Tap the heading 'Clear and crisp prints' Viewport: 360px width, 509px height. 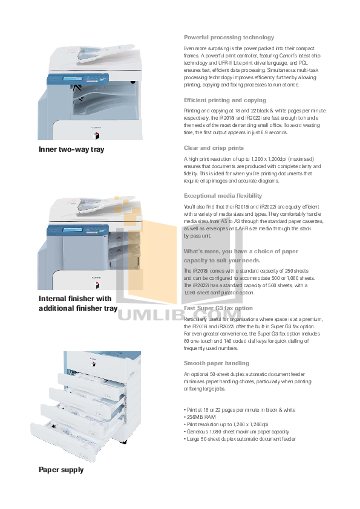(214, 148)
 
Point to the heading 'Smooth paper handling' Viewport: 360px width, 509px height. (216, 363)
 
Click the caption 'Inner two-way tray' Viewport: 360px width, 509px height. (71, 149)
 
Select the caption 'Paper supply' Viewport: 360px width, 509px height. (61, 469)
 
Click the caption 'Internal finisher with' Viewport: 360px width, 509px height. (75, 299)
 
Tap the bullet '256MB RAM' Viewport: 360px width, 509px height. (200, 417)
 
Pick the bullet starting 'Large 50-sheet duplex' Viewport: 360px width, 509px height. (240, 439)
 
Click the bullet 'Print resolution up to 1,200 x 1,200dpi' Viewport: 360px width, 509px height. (227, 424)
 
